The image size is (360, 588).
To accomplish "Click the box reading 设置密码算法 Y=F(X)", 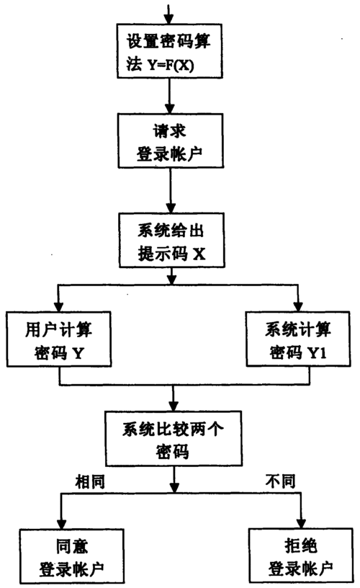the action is [x=170, y=51].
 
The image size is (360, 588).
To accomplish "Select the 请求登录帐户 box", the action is [x=171, y=141].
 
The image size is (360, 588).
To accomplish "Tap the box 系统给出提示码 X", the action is [x=172, y=241].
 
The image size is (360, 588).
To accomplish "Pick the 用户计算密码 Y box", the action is [x=59, y=339].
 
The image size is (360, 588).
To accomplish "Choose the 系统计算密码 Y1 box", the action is [x=298, y=339].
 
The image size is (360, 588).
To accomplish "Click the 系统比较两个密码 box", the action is [x=174, y=438].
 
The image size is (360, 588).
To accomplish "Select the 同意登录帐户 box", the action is [x=71, y=556].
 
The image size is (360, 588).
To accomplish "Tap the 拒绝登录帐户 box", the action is [x=301, y=556].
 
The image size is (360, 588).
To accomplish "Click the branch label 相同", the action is [x=89, y=481].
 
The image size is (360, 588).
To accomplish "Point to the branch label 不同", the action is [x=280, y=481].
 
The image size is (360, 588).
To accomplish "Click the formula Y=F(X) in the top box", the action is [x=171, y=66].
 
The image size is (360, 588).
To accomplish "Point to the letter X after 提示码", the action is [x=199, y=254].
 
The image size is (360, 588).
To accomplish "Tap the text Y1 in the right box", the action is [x=317, y=353].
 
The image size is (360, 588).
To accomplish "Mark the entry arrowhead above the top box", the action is [x=169, y=19].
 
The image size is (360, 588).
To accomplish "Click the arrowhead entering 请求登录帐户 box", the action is [x=170, y=108].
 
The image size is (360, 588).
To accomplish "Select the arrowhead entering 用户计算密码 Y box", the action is [x=58, y=306].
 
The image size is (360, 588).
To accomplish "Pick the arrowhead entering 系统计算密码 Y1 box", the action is [x=298, y=306].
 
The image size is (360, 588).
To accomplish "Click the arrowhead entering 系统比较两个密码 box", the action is [x=173, y=406].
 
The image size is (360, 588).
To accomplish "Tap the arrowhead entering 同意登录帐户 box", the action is [x=61, y=524].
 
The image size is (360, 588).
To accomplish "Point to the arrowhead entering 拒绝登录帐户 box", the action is [x=300, y=524].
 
